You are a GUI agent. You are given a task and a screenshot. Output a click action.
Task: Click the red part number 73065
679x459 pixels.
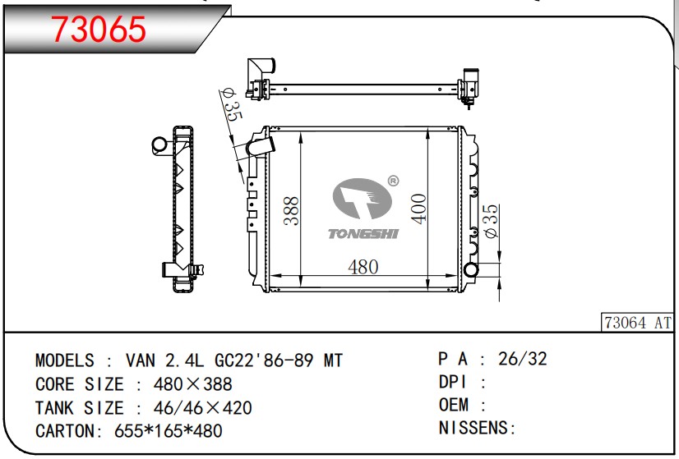(x=99, y=30)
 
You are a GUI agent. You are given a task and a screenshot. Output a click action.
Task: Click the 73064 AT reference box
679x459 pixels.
(x=637, y=323)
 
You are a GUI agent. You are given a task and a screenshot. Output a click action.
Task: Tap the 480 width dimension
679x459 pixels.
(x=363, y=267)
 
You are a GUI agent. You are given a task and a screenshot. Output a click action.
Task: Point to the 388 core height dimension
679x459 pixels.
(x=292, y=211)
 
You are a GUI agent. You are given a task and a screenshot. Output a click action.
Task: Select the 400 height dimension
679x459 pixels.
(x=418, y=209)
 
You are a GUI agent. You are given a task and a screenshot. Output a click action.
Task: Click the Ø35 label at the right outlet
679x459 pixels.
(x=491, y=221)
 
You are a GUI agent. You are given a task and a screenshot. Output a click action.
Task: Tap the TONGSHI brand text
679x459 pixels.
(x=363, y=234)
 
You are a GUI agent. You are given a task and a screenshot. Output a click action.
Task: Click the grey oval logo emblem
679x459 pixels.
(x=362, y=199)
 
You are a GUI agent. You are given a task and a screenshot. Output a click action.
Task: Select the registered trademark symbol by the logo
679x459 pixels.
(x=393, y=181)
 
